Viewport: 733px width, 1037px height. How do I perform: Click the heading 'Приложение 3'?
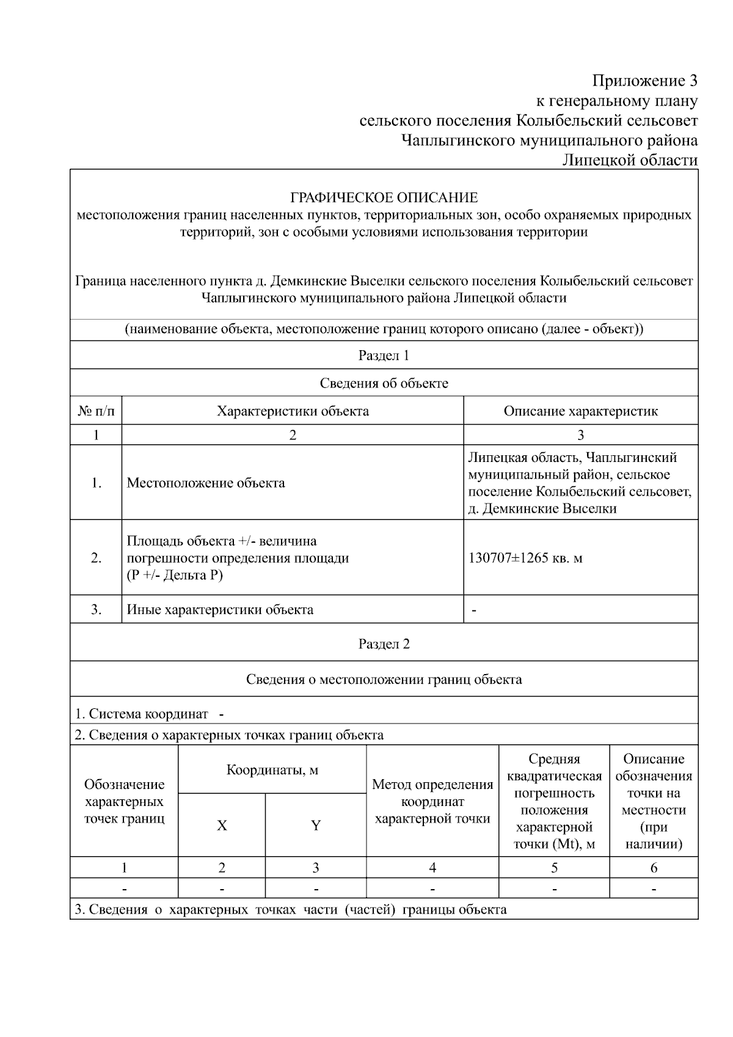tap(644, 81)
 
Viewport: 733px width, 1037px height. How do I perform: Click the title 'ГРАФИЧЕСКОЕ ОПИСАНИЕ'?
tap(384, 198)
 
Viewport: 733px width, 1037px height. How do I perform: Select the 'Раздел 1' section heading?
tap(384, 356)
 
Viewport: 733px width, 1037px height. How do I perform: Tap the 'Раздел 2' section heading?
tap(384, 644)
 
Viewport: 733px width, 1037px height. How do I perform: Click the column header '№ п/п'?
tap(96, 411)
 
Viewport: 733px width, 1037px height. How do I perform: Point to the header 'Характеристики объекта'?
tap(293, 411)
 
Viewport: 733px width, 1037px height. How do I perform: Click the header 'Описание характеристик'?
tap(580, 411)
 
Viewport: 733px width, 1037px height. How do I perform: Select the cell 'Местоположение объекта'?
tap(206, 483)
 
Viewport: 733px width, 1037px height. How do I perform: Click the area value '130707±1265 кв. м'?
tap(525, 558)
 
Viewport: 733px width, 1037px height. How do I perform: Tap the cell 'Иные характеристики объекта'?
tap(220, 609)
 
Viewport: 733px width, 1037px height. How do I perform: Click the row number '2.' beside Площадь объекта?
tap(96, 558)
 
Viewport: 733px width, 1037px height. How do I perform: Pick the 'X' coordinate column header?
tap(222, 826)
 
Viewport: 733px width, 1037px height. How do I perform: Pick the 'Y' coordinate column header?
tap(316, 826)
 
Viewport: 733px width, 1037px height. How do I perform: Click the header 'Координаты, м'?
tap(272, 770)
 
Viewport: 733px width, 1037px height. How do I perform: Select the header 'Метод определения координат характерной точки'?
tap(432, 801)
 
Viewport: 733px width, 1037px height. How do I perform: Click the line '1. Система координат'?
tap(142, 714)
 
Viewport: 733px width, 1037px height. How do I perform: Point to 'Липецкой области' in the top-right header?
tap(630, 160)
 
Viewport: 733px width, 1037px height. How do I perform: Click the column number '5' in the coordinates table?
tap(554, 868)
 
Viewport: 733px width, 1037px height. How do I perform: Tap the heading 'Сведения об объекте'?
tap(384, 383)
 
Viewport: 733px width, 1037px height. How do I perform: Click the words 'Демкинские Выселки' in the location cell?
tap(549, 508)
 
